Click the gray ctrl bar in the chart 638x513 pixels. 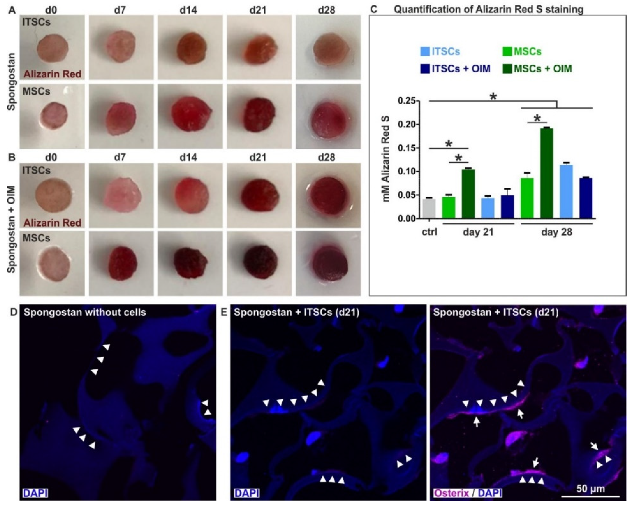tap(429, 209)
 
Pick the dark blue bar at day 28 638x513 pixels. tap(586, 198)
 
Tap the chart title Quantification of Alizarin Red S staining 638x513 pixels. tap(488, 9)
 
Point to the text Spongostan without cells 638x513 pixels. tap(85, 313)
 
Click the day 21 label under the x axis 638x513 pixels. tap(478, 232)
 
